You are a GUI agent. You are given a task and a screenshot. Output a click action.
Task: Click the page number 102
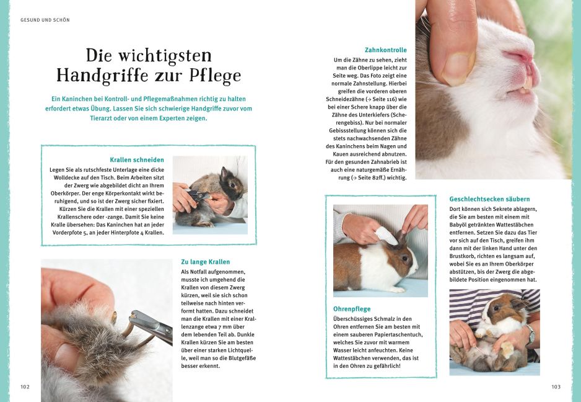tap(25, 386)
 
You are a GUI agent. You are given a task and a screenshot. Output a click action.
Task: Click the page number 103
tap(556, 386)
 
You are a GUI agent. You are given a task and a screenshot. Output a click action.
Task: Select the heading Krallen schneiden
tap(137, 159)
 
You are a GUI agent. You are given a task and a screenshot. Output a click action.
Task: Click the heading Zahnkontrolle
tap(386, 50)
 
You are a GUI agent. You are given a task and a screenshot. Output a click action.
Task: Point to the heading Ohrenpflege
tap(352, 308)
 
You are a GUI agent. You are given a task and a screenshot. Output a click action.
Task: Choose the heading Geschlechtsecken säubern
tap(489, 199)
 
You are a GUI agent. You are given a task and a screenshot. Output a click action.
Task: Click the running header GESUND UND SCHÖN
tap(45, 20)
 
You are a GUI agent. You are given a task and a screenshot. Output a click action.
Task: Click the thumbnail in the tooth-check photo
tap(459, 67)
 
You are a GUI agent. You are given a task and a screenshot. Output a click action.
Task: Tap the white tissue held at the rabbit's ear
tap(387, 236)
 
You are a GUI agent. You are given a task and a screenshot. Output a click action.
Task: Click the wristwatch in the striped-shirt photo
tap(531, 336)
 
